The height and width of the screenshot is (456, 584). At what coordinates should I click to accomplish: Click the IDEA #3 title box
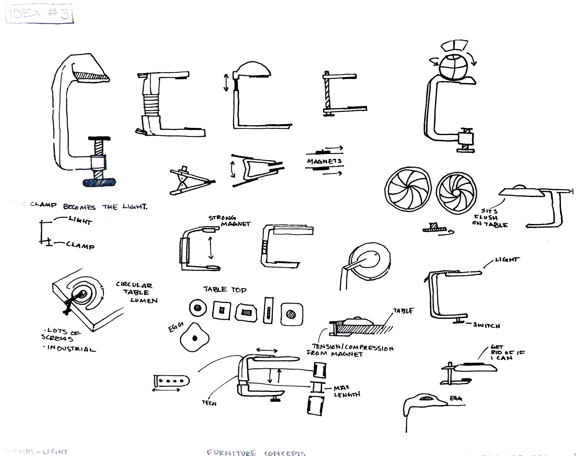(39, 13)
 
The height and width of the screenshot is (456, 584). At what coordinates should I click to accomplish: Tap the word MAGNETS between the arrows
(324, 161)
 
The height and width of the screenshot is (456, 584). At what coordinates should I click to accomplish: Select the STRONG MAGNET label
(229, 221)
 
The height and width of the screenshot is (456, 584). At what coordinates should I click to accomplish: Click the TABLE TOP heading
(225, 290)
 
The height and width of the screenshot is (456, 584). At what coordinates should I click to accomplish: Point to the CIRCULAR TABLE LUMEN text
(137, 292)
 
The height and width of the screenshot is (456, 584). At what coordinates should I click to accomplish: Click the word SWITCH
(486, 326)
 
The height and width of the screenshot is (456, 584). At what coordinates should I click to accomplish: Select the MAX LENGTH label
(347, 391)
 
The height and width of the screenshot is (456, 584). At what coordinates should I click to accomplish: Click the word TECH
(209, 403)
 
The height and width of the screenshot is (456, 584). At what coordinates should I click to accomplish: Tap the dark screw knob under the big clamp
(100, 183)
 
